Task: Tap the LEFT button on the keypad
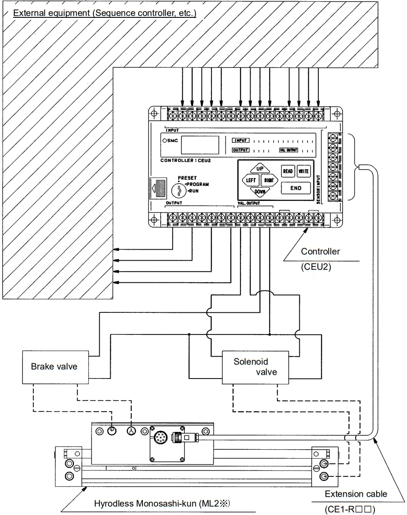point(249,180)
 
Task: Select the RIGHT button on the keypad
point(269,180)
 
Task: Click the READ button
point(288,171)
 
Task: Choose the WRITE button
point(304,171)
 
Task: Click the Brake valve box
point(54,366)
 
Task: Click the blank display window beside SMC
point(200,145)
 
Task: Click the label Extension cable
point(356,494)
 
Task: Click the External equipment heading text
point(104,13)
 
